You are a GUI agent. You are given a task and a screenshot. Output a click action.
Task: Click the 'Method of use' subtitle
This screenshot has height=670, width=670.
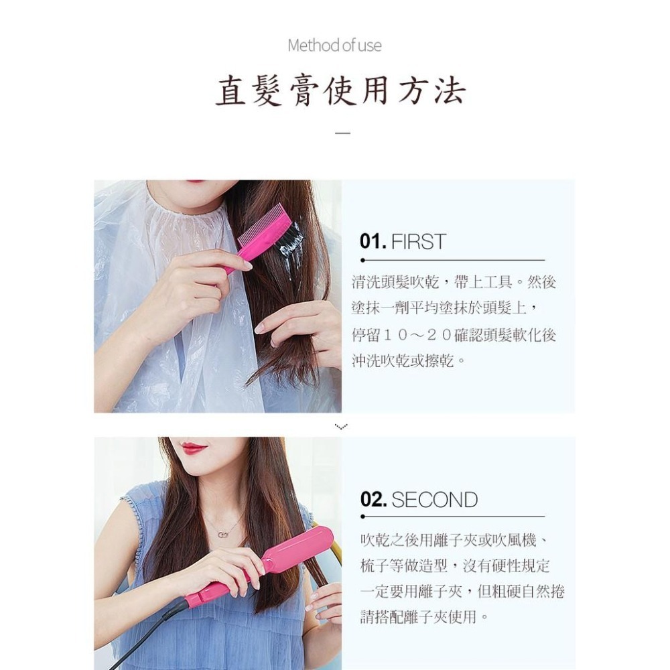click(x=334, y=46)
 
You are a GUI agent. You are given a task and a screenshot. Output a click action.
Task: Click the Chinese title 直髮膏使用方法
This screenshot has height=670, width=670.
click(x=340, y=91)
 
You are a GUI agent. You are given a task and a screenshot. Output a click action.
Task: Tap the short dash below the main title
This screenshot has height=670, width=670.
click(x=342, y=133)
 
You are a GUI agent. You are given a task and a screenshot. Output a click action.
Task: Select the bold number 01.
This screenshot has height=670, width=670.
click(x=373, y=242)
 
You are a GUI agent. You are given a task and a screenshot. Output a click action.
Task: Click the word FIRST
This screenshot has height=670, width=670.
click(x=418, y=242)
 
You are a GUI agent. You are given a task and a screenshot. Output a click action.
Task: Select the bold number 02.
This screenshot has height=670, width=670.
click(x=373, y=500)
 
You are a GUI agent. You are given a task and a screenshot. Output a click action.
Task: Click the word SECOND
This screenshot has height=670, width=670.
click(x=434, y=500)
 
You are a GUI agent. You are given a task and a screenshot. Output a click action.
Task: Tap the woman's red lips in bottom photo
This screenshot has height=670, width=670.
click(x=194, y=448)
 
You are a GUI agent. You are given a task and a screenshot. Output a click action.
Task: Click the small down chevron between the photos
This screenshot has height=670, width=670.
click(x=342, y=426)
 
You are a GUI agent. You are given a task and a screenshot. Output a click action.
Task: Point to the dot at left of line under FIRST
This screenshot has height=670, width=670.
click(x=362, y=260)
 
